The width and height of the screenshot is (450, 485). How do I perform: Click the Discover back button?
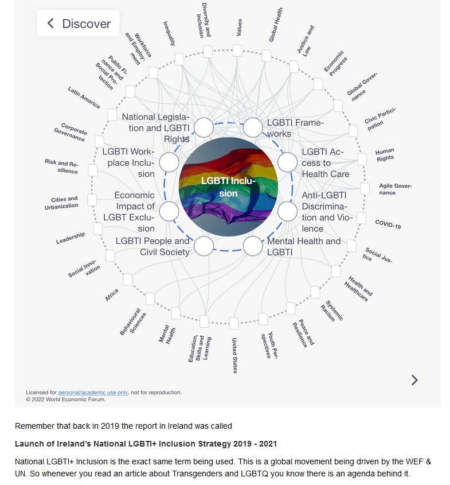tap(78, 24)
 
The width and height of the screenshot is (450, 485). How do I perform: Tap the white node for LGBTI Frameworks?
tap(253, 127)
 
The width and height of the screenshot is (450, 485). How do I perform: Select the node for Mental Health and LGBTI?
tap(253, 246)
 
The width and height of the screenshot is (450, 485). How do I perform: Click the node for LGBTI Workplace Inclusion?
tap(169, 162)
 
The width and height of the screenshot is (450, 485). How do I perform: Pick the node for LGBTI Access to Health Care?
tap(288, 162)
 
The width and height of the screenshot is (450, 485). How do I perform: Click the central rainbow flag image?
tap(228, 187)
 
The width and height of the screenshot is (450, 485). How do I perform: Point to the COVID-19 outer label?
tap(388, 224)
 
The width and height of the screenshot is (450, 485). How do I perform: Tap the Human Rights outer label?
tap(385, 154)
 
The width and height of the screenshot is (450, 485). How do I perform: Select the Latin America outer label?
tap(84, 98)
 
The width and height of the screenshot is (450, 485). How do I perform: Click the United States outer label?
tap(234, 355)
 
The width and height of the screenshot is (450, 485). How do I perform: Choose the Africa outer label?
tap(111, 295)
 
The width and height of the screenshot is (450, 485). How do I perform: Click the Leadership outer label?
tap(71, 238)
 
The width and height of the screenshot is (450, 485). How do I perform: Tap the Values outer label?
tap(239, 27)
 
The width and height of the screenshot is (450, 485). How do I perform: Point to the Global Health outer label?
tap(276, 25)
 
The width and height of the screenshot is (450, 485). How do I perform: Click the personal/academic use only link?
tap(93, 392)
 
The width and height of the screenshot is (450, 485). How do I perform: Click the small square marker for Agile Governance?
tap(365, 189)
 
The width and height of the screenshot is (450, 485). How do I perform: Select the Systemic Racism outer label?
tap(332, 311)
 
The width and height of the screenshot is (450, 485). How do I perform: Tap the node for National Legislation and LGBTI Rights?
tap(204, 127)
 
